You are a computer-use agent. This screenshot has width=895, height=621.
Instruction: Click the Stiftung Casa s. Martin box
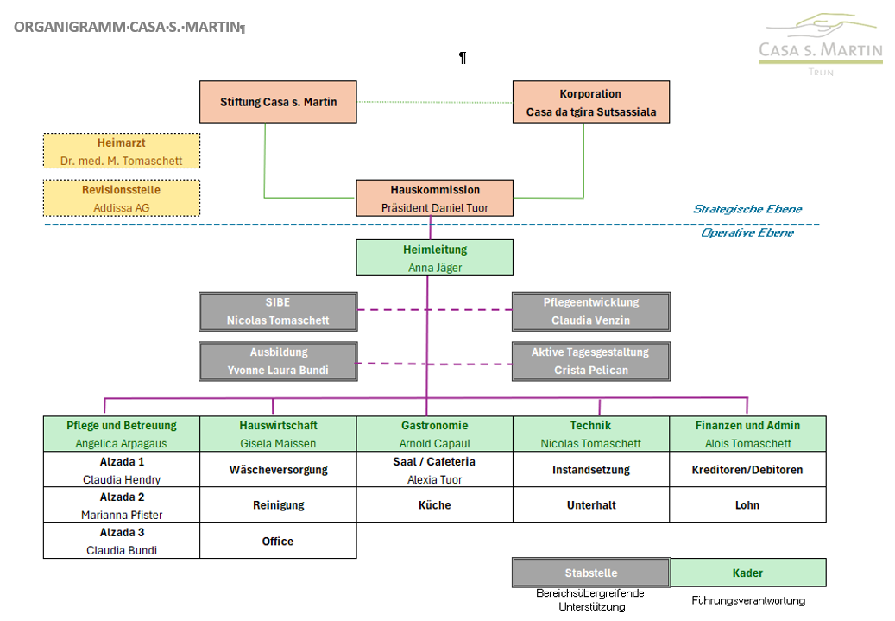pyautogui.click(x=278, y=102)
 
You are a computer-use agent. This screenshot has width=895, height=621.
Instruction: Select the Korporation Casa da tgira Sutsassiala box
pyautogui.click(x=590, y=102)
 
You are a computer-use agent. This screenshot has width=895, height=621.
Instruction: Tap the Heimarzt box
pyautogui.click(x=122, y=151)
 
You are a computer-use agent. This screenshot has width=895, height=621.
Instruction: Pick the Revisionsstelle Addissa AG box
pyautogui.click(x=122, y=199)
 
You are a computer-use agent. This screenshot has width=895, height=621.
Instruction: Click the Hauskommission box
pyautogui.click(x=434, y=199)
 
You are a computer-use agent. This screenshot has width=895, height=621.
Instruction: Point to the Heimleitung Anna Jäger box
pyautogui.click(x=434, y=257)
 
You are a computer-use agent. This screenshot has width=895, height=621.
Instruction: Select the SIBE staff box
pyautogui.click(x=278, y=311)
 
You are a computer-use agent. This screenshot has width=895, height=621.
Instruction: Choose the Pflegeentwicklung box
pyautogui.click(x=590, y=311)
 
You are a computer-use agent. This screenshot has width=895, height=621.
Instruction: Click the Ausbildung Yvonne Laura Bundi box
pyautogui.click(x=278, y=361)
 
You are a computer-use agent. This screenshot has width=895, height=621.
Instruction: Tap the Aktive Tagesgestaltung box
pyautogui.click(x=590, y=361)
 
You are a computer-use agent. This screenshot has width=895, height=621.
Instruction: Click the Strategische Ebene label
pyautogui.click(x=747, y=209)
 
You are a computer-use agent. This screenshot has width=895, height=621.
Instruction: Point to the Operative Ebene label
pyautogui.click(x=747, y=232)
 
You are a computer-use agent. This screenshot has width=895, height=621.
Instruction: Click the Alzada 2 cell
pyautogui.click(x=122, y=505)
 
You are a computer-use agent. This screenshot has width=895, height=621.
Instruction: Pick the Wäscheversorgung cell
pyautogui.click(x=278, y=470)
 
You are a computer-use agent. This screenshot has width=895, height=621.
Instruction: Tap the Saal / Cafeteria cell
pyautogui.click(x=434, y=470)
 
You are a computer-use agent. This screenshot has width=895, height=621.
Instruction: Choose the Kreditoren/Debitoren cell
pyautogui.click(x=747, y=470)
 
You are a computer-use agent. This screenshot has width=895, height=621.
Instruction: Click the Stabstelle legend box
pyautogui.click(x=590, y=573)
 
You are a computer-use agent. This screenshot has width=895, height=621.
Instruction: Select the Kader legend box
pyautogui.click(x=747, y=573)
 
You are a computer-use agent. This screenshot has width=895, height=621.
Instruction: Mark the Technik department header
pyautogui.click(x=590, y=434)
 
